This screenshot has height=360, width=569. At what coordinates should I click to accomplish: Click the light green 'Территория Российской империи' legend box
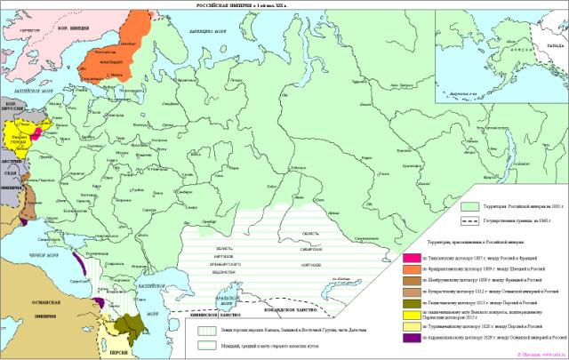pos(467,204)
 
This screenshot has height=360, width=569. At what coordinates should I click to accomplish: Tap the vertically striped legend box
pos(204,327)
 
